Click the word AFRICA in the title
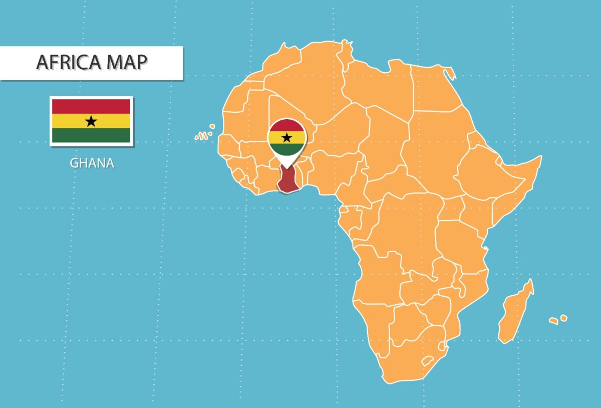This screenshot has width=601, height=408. pyautogui.click(x=68, y=62)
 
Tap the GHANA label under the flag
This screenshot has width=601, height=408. pyautogui.click(x=92, y=163)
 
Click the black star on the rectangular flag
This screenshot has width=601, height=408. pyautogui.click(x=91, y=121)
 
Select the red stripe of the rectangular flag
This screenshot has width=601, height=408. pyautogui.click(x=91, y=106)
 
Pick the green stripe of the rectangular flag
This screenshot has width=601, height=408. pyautogui.click(x=91, y=135)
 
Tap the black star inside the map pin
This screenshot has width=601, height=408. pyautogui.click(x=286, y=137)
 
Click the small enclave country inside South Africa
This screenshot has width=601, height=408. pyautogui.click(x=427, y=360)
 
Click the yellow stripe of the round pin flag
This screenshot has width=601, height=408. pyautogui.click(x=286, y=137)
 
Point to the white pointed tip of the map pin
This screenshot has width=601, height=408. pyautogui.click(x=286, y=167)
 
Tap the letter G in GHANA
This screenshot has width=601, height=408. pyautogui.click(x=74, y=163)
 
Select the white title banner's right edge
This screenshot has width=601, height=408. pyautogui.click(x=182, y=63)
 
